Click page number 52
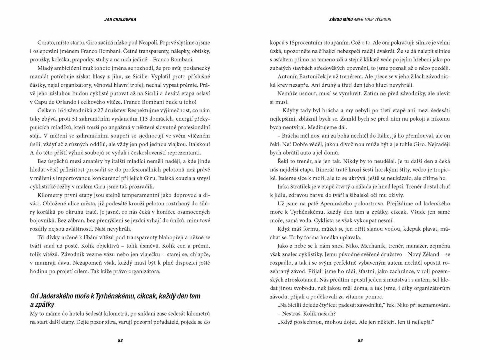pyautogui.click(x=120, y=340)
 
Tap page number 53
pyautogui.click(x=360, y=340)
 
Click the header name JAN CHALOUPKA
pyautogui.click(x=120, y=19)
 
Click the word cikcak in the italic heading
pyautogui.click(x=147, y=296)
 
